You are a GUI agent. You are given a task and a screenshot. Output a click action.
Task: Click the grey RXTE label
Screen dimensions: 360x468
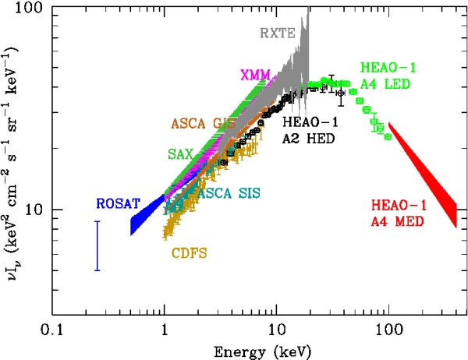coord(273,33)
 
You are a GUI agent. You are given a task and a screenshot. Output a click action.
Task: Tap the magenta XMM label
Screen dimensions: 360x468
coord(256,75)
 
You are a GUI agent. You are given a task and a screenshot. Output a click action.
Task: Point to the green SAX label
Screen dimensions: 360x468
coord(181,154)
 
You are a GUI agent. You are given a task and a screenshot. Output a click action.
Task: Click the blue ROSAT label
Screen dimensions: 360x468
coord(118,204)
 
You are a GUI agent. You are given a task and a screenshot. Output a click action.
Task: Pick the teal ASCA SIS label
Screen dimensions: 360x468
coord(229,192)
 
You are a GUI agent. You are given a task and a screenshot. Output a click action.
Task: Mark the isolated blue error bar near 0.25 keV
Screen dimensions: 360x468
coord(97,245)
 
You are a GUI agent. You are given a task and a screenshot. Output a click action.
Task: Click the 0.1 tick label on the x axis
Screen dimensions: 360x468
coord(51,330)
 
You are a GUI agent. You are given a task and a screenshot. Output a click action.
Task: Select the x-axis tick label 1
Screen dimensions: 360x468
coord(164,330)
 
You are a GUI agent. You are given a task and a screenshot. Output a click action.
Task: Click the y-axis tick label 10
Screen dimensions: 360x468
coord(33,210)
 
